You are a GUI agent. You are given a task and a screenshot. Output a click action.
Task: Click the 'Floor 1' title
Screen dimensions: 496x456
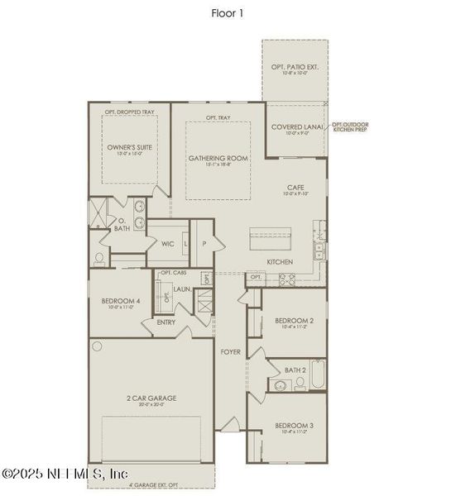(x=228, y=12)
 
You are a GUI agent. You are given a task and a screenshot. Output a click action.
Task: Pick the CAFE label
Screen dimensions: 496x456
(x=295, y=190)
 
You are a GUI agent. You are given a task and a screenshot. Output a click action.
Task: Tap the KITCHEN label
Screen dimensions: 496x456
(x=280, y=262)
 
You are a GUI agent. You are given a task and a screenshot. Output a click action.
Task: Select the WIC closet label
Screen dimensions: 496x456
(x=168, y=244)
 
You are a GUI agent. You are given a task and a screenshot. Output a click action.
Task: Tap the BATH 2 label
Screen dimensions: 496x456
(x=295, y=370)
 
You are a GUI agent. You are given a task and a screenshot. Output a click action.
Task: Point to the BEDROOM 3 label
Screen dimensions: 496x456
(x=294, y=428)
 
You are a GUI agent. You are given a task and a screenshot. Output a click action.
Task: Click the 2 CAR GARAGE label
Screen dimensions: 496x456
(x=151, y=400)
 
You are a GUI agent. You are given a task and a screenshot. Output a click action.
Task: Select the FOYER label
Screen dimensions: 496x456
(x=231, y=352)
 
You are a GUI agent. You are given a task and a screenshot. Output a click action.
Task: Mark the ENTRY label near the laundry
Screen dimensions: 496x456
(x=166, y=322)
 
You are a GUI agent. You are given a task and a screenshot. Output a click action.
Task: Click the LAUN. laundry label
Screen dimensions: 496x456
(x=182, y=289)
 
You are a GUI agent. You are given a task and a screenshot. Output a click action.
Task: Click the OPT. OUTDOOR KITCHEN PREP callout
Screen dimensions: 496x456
(x=350, y=126)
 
